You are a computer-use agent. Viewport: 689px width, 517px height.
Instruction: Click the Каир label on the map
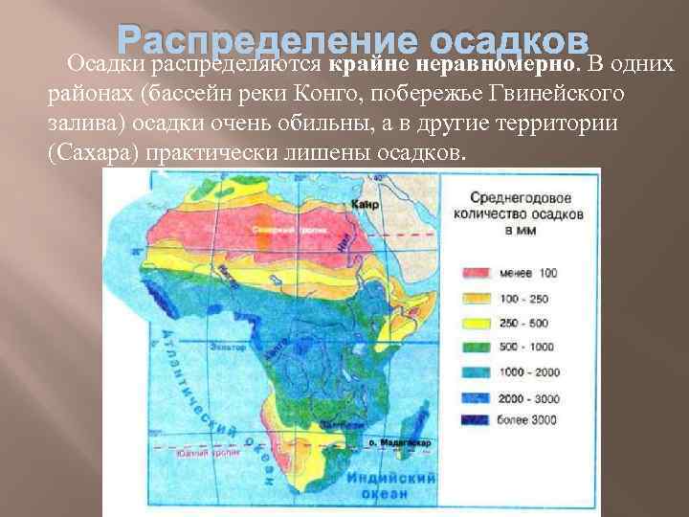365,204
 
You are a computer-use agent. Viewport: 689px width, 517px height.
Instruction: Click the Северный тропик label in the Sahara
277,231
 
